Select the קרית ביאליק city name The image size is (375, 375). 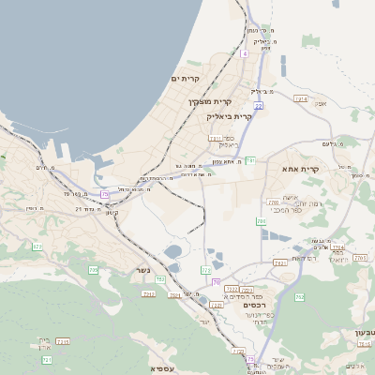[231, 116]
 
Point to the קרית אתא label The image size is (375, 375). [301, 169]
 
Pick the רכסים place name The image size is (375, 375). [254, 305]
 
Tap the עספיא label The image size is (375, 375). [161, 368]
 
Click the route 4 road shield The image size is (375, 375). [245, 54]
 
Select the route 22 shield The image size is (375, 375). [258, 106]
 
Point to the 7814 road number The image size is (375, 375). [301, 98]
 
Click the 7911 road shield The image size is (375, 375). [215, 138]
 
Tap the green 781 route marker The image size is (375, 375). [250, 160]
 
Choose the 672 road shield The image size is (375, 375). [93, 270]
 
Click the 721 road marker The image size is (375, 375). [48, 359]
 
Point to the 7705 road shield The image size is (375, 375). [273, 202]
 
